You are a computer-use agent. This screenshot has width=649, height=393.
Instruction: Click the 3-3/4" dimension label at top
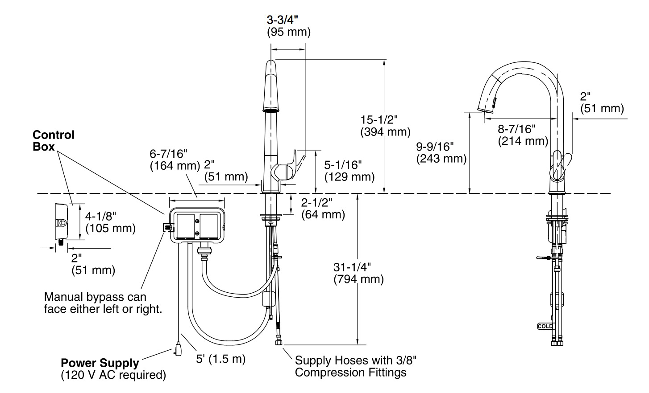pos(282,20)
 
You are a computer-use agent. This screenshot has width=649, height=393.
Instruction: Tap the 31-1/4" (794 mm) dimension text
pos(358,273)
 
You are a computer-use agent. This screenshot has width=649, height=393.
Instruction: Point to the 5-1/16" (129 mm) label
pos(349,171)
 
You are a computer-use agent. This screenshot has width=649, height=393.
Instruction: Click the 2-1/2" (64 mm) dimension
pos(323,209)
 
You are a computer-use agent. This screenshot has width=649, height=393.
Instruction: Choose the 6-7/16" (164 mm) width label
pos(175,160)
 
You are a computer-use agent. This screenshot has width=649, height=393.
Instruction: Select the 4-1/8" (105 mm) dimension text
pos(110,222)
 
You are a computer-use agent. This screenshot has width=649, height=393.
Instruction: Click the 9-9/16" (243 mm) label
pos(441,152)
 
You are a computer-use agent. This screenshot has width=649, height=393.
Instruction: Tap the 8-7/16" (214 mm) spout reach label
pos(523,135)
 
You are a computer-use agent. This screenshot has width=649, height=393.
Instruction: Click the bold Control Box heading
pos(54,140)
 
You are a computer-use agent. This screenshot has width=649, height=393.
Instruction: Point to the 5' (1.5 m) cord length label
pos(221,359)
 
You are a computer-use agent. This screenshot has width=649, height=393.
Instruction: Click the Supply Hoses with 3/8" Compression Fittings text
pos(356,366)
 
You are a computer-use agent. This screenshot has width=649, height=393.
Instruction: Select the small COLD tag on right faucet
pos(545,327)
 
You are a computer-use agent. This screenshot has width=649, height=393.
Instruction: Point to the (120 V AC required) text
pos(113,375)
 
